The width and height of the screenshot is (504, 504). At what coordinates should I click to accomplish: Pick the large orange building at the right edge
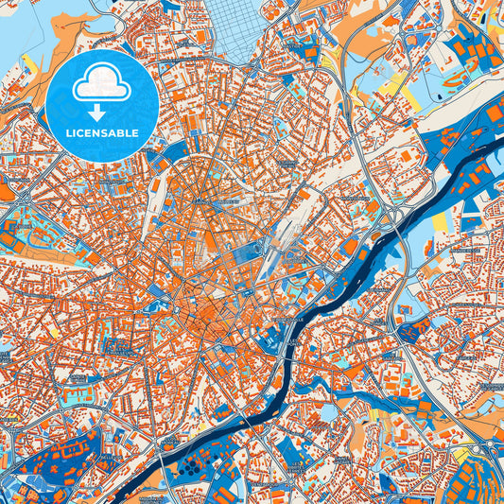point(494,113)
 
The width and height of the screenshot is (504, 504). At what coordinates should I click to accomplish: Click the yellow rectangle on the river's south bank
point(439,225)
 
